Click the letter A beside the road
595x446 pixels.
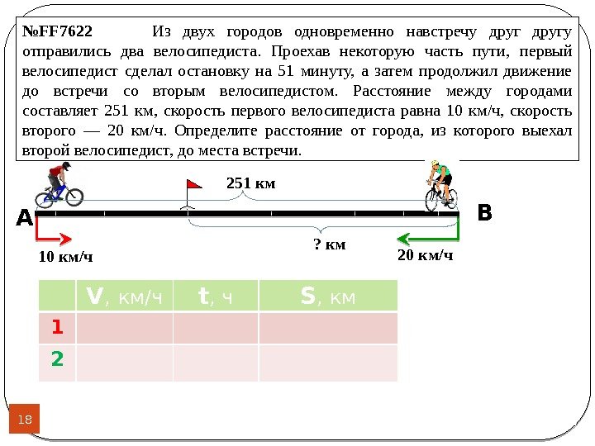23,219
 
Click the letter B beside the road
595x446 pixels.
484,213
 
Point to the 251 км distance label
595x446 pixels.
250,183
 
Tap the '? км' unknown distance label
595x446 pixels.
329,244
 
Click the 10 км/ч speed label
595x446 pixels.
66,258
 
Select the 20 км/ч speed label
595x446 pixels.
426,255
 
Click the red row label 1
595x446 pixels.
57,328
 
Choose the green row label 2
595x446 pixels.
57,361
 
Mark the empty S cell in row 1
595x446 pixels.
328,328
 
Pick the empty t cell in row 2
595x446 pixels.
216,362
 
